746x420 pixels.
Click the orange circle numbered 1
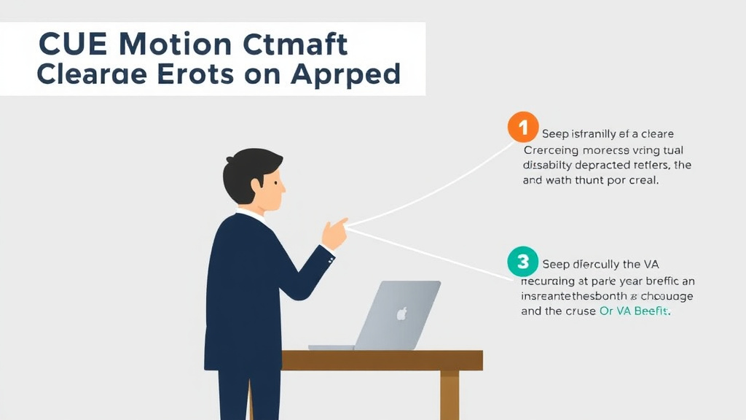tap(522, 128)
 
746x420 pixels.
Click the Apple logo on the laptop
tap(399, 314)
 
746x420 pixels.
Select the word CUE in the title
tap(69, 45)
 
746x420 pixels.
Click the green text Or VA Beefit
tap(634, 311)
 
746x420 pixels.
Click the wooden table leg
tap(449, 394)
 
